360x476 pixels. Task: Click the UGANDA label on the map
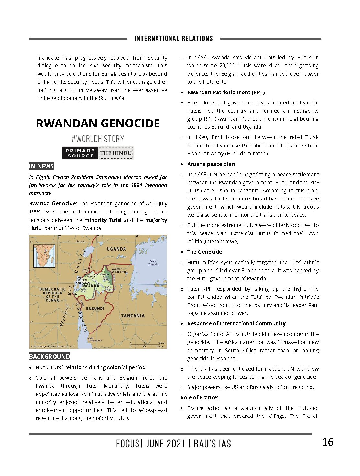(x=116, y=249)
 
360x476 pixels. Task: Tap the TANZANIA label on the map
(x=133, y=316)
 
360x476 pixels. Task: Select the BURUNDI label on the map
(x=95, y=308)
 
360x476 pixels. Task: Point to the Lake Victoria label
(x=153, y=263)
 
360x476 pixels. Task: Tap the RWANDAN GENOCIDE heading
(x=98, y=124)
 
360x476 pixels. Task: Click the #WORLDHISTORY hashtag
(x=98, y=139)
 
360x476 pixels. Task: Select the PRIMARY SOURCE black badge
(x=80, y=153)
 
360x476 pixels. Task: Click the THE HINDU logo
(x=116, y=153)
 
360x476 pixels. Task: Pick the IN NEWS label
(x=41, y=166)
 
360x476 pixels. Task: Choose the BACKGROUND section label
(x=49, y=357)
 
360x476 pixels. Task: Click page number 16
(x=328, y=442)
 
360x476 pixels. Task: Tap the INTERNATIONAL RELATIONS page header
(x=174, y=38)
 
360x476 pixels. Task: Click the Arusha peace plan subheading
(x=211, y=164)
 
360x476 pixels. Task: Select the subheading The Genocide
(x=204, y=252)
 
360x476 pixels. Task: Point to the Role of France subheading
(x=199, y=397)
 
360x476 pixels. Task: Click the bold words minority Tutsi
(x=103, y=220)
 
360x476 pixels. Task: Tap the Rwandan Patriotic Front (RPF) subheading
(x=226, y=92)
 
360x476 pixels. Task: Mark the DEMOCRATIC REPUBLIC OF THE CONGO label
(x=52, y=295)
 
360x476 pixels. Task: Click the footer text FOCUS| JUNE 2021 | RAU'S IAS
(x=174, y=443)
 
